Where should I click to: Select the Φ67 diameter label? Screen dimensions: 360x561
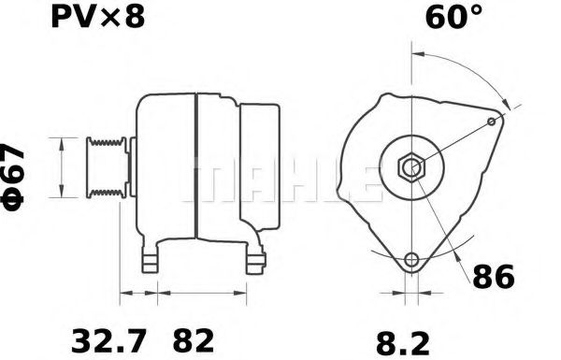tap(17, 178)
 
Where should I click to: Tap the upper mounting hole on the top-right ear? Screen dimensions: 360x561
tap(493, 122)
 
